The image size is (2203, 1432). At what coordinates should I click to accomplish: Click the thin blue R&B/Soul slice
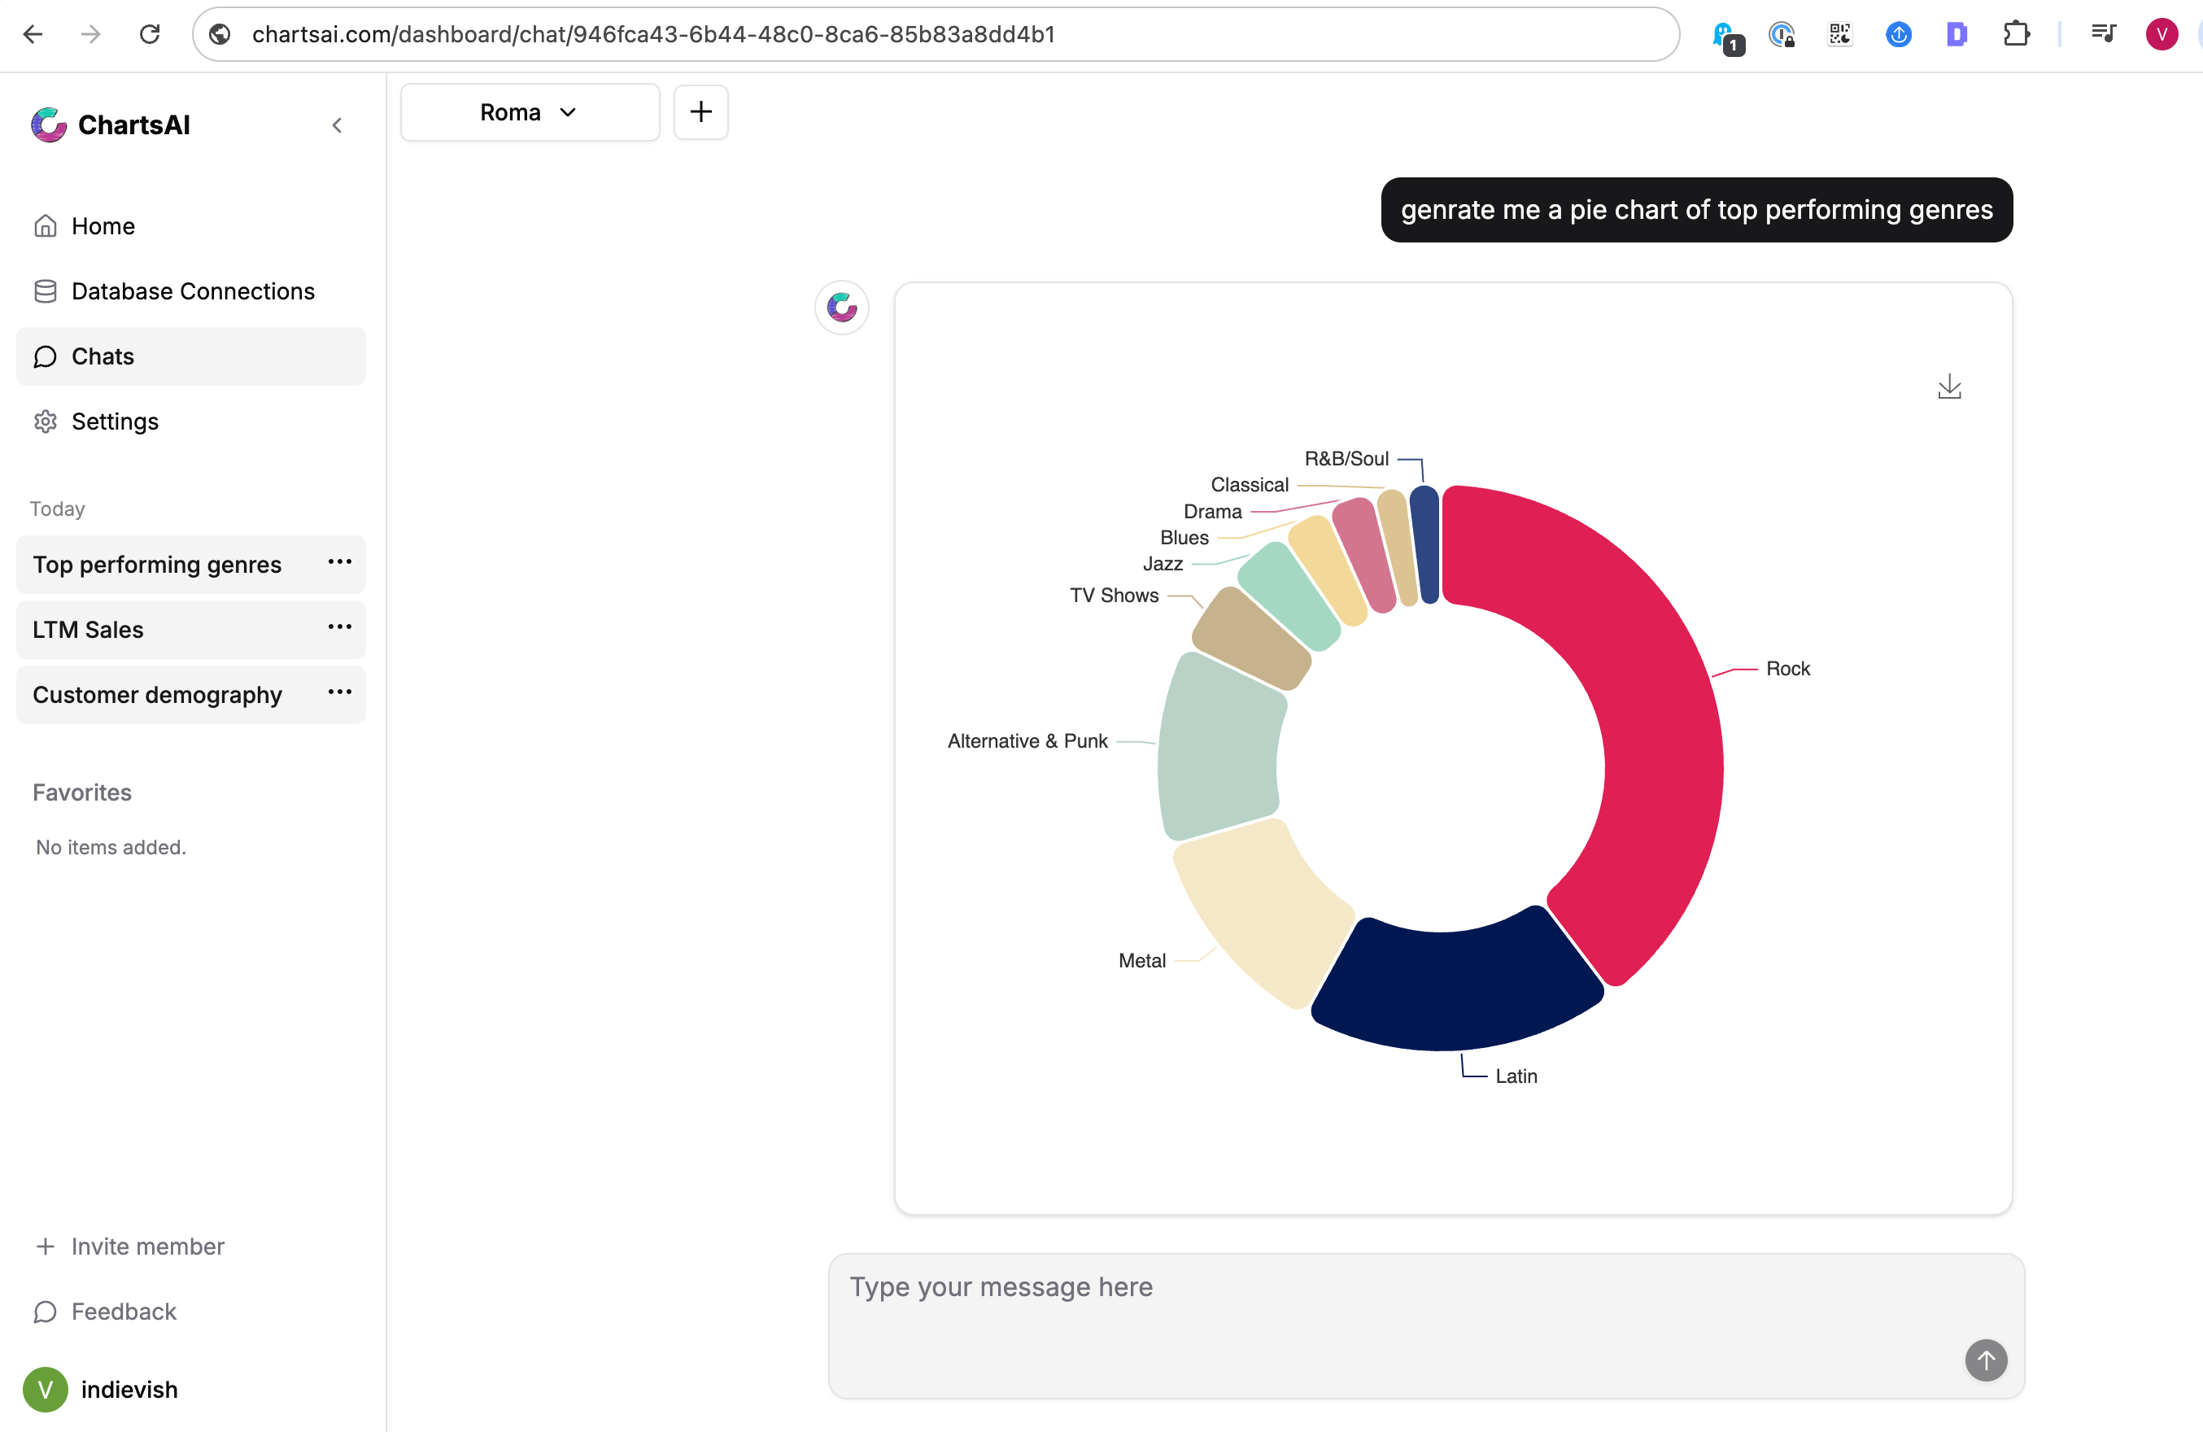point(1425,546)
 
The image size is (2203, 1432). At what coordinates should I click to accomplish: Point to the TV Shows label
point(1114,596)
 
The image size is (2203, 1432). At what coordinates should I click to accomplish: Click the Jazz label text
point(1163,564)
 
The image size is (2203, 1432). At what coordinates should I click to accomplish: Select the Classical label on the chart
point(1249,484)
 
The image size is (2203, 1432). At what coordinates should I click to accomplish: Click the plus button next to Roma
point(700,112)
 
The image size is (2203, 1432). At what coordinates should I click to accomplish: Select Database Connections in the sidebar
point(193,290)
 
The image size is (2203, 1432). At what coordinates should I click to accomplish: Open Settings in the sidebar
point(115,421)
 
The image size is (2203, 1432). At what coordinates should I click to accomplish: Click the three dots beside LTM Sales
point(340,627)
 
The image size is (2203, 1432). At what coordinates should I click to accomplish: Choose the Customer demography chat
point(157,694)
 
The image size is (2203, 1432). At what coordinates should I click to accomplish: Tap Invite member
point(147,1246)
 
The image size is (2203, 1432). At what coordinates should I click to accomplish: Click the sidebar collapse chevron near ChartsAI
point(337,125)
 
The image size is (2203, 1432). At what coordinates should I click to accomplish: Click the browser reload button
point(149,34)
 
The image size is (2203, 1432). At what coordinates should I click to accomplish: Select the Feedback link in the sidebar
point(123,1311)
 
